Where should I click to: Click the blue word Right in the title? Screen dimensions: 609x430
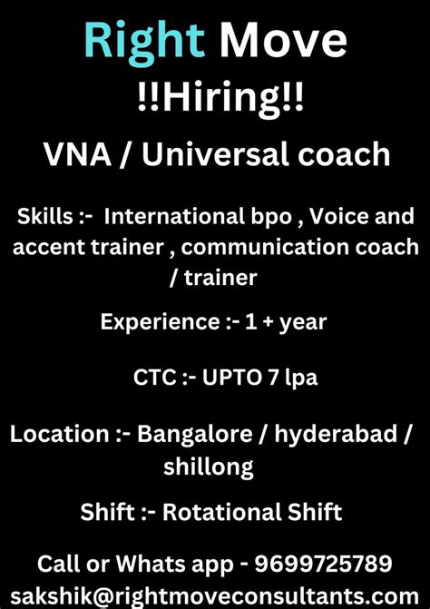(144, 42)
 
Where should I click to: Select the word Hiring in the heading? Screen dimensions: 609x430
(214, 97)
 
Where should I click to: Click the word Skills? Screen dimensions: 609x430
(45, 218)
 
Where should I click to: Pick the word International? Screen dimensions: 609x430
(186, 218)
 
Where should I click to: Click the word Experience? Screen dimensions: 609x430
(153, 321)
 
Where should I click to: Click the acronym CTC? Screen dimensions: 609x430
(155, 377)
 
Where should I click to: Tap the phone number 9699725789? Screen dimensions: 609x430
(323, 563)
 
